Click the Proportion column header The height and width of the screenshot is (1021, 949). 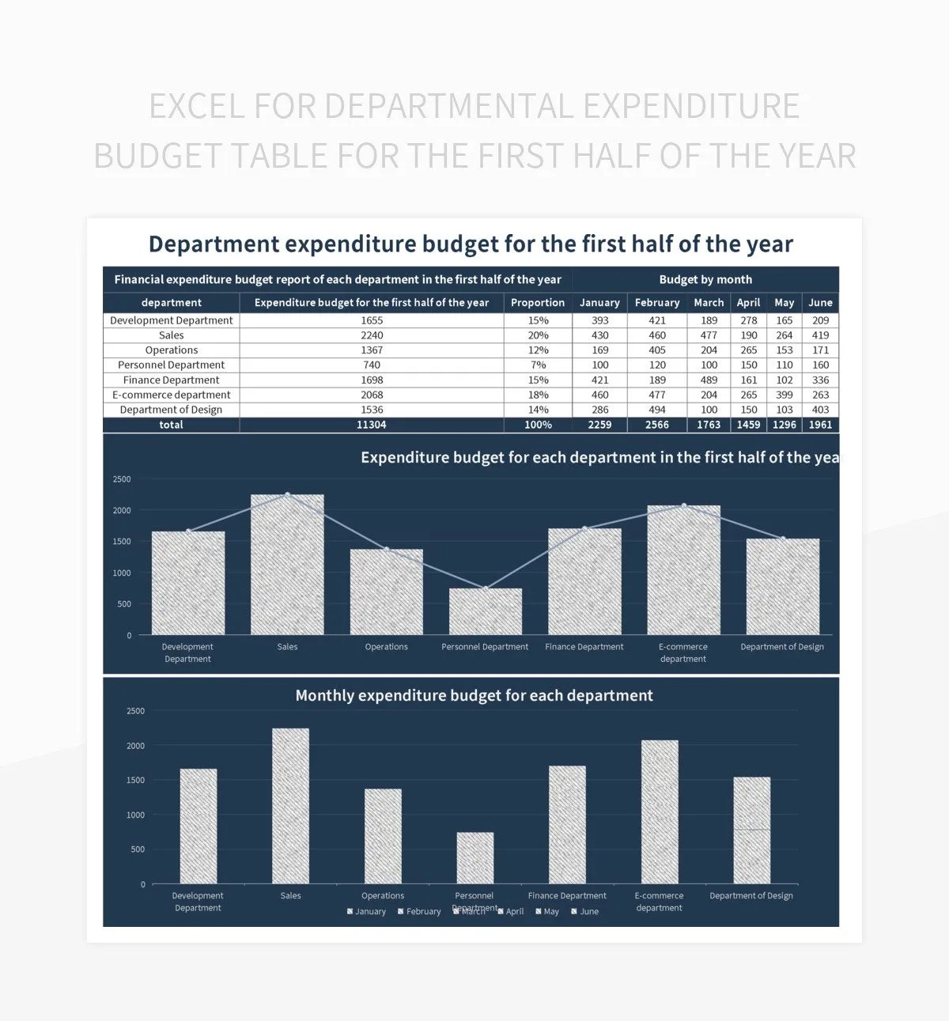538,303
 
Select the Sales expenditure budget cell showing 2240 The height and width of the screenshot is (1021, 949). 372,335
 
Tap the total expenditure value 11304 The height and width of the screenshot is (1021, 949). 372,425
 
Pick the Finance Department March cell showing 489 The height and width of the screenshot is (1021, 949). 709,380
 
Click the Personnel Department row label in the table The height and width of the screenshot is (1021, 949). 171,365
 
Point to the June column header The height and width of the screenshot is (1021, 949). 820,303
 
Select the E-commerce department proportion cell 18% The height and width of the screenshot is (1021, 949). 538,395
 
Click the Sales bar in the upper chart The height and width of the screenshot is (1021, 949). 287,565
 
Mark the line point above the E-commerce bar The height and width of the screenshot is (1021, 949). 684,505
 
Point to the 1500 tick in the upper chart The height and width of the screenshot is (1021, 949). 122,542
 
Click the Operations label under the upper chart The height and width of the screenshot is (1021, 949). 386,647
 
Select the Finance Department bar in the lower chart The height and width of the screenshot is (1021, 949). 567,824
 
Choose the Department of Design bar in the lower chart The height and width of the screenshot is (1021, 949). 751,830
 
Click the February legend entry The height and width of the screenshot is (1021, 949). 419,912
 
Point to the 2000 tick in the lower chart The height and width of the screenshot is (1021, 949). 135,746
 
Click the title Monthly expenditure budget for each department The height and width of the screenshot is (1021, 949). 474,696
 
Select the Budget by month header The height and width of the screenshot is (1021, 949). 705,280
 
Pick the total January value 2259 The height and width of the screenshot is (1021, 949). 599,425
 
